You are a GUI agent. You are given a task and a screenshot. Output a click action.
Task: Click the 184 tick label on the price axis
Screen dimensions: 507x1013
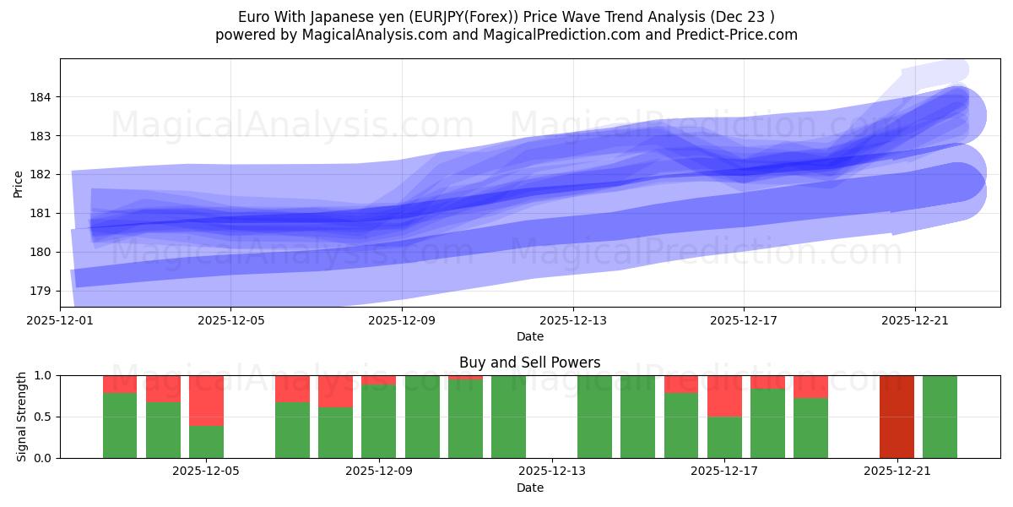tap(42, 97)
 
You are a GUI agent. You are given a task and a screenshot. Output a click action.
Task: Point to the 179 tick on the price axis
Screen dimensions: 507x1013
tap(42, 291)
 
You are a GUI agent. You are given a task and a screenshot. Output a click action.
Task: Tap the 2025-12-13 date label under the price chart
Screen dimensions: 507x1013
tap(572, 320)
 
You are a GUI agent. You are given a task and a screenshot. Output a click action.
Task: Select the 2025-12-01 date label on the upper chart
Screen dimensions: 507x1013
tap(61, 320)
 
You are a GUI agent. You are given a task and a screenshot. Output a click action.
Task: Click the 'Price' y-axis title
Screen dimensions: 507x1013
tap(19, 183)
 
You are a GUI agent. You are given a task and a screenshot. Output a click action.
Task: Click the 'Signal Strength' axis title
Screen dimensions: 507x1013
tap(22, 417)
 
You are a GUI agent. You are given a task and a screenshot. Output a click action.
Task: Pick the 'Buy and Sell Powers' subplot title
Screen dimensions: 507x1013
tap(529, 363)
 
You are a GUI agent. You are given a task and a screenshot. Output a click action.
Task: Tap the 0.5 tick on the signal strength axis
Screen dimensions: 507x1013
tap(44, 417)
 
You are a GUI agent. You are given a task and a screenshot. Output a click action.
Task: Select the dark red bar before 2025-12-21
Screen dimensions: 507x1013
tap(897, 417)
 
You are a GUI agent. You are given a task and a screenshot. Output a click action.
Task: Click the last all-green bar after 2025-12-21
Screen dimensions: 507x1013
tap(940, 417)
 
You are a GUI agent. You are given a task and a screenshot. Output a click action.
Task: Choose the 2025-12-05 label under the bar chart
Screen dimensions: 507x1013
tap(206, 472)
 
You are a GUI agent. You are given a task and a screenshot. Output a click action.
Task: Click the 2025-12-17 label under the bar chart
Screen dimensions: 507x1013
tap(723, 472)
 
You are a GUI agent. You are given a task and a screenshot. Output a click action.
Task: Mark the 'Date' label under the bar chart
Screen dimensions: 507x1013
tap(529, 488)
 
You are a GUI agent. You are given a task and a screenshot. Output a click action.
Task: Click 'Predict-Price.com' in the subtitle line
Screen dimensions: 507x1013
tap(738, 35)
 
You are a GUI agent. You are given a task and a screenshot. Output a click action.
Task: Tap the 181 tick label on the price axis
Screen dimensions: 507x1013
tap(42, 213)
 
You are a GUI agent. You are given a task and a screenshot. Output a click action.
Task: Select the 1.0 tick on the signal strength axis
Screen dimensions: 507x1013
tap(44, 375)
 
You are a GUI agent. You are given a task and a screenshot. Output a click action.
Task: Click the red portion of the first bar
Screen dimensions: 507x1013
tap(120, 384)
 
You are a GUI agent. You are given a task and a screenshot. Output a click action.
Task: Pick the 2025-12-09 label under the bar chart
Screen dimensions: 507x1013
tap(378, 472)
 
